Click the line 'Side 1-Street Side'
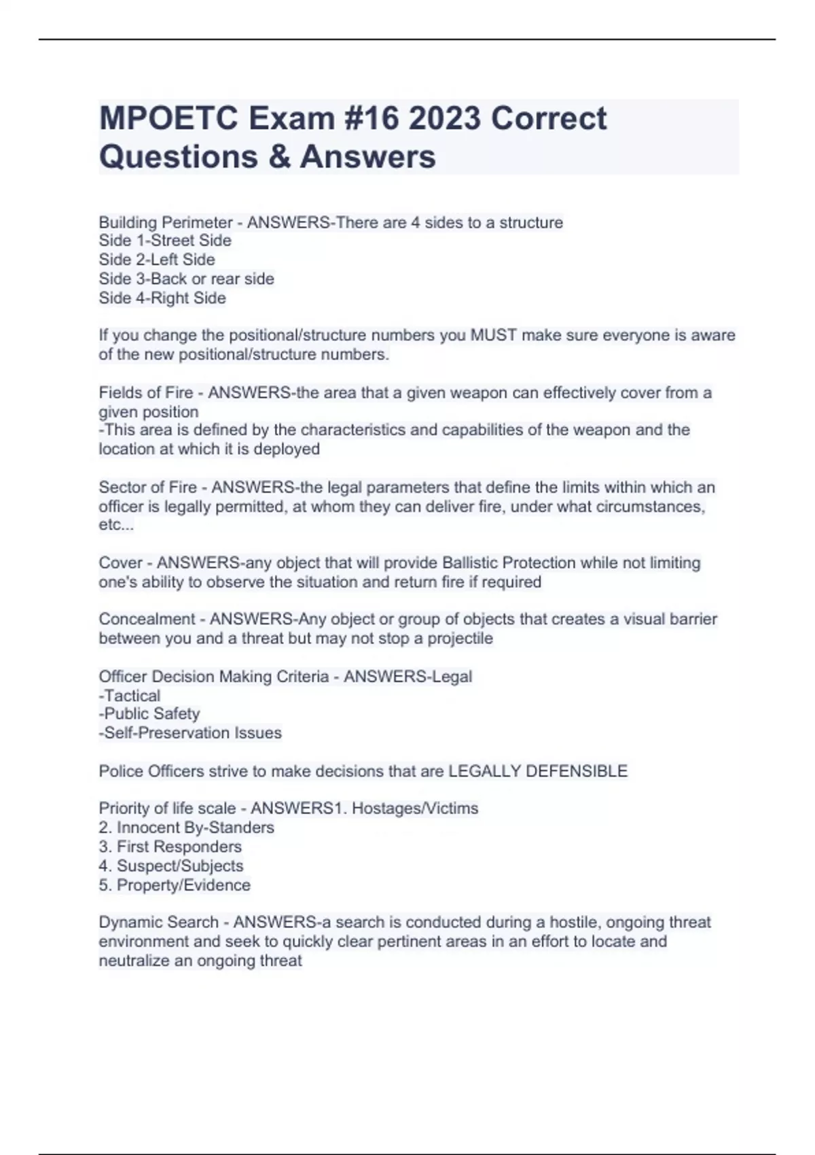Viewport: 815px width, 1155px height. pos(165,241)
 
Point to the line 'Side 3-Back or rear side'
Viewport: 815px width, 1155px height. pos(187,279)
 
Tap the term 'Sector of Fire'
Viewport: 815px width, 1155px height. pos(147,487)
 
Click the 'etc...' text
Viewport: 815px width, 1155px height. pos(116,525)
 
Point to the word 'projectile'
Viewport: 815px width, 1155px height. pos(460,638)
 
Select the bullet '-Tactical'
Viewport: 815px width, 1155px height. pos(130,696)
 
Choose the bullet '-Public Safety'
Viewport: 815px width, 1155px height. pos(149,713)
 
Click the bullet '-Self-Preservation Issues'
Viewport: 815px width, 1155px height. pos(190,732)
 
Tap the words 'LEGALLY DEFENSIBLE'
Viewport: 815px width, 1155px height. pos(538,771)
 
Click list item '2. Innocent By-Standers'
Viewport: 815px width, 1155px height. pos(187,828)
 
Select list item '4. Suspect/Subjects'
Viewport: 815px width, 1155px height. pos(171,866)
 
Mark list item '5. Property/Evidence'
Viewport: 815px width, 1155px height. pos(175,885)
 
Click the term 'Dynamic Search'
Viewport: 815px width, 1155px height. pos(158,922)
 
